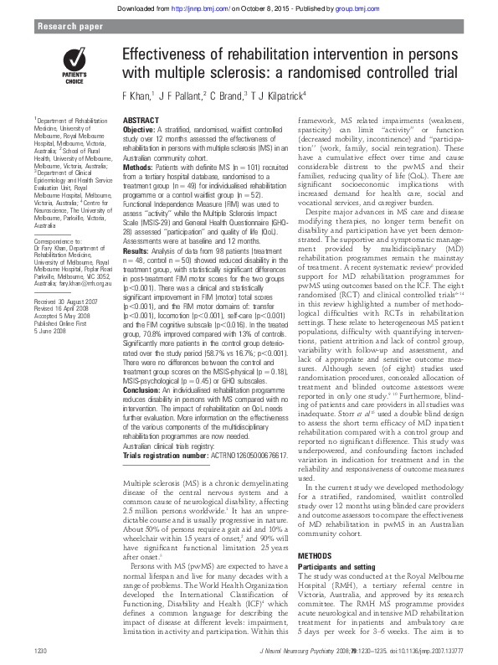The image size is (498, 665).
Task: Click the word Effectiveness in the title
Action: click(168, 54)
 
